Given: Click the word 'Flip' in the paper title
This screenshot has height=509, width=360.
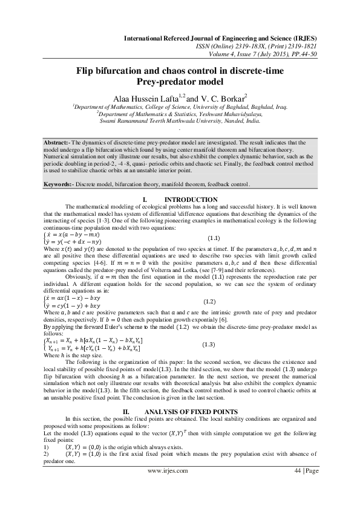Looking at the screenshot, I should [x=87, y=71].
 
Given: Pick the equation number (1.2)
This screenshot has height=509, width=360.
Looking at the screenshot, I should [x=209, y=301].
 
